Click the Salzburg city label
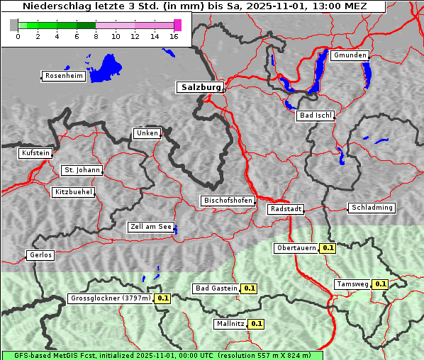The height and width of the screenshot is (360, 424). click(x=199, y=87)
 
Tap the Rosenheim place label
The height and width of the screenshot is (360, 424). click(x=62, y=76)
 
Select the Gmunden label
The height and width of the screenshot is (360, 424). click(x=350, y=55)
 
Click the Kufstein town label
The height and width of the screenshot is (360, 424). click(x=35, y=153)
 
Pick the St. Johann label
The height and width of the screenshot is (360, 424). click(x=82, y=170)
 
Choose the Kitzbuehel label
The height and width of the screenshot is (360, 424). click(x=73, y=192)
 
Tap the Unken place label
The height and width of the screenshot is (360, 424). click(x=147, y=133)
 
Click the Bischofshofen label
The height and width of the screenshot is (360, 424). click(x=228, y=201)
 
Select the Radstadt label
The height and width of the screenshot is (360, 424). click(x=286, y=209)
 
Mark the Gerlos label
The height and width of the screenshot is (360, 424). click(x=40, y=255)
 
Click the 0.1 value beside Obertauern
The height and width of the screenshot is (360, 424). click(x=328, y=248)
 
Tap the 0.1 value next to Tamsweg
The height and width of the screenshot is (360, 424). click(x=380, y=284)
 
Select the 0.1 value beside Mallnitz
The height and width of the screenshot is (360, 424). click(x=256, y=324)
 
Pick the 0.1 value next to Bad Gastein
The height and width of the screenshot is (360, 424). click(x=249, y=288)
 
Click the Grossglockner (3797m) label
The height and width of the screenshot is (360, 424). click(x=111, y=298)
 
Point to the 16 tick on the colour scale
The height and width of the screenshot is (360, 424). click(x=174, y=37)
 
